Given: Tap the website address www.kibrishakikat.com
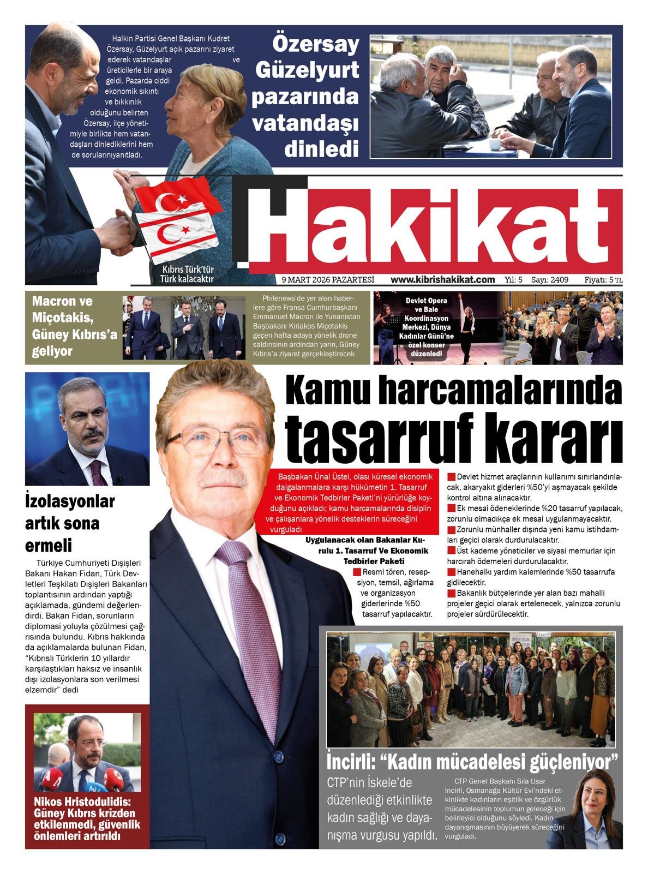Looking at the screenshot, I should click(442, 279).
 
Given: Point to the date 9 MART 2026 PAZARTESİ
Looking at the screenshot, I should click(327, 279).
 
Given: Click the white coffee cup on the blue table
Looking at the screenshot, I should click(495, 143).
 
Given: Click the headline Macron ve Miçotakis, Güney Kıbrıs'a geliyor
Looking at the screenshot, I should click(74, 326).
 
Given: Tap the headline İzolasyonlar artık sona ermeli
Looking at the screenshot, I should click(70, 523).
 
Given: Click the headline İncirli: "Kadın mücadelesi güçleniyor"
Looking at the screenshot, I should click(472, 760).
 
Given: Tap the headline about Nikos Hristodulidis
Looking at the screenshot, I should click(87, 818).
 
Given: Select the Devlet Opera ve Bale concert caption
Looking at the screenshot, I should click(426, 327).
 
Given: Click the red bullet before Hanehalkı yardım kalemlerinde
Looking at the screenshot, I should click(451, 572).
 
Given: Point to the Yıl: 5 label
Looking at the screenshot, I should click(514, 279).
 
